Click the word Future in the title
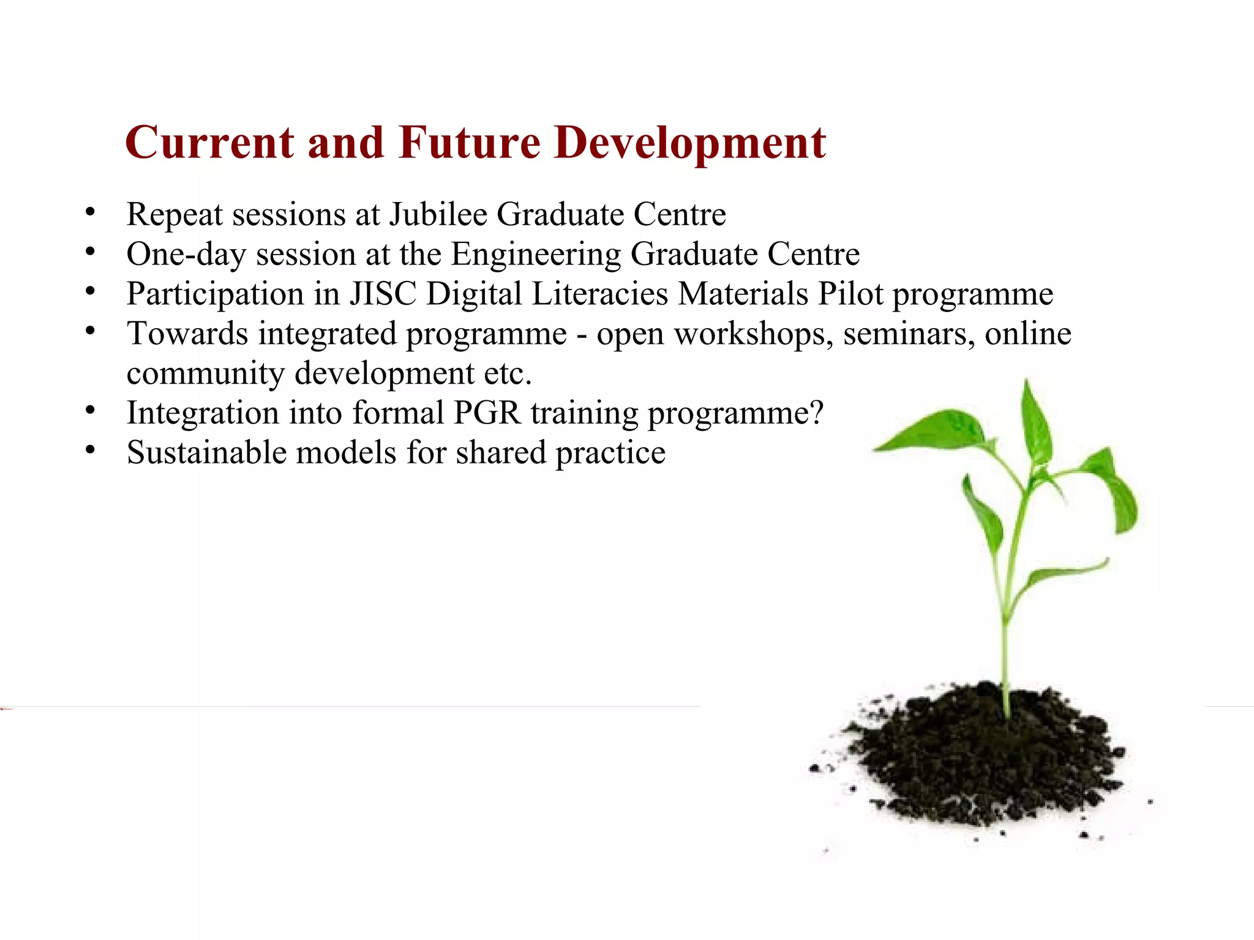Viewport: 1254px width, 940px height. tap(470, 143)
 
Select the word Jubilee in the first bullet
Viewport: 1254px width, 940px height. tap(438, 214)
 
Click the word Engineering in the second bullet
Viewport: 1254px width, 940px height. tap(536, 255)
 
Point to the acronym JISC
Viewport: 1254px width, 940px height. tap(383, 294)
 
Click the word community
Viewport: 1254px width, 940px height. tap(206, 373)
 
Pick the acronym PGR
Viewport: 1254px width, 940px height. tap(487, 413)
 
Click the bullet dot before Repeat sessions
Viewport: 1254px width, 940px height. tap(91, 213)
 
